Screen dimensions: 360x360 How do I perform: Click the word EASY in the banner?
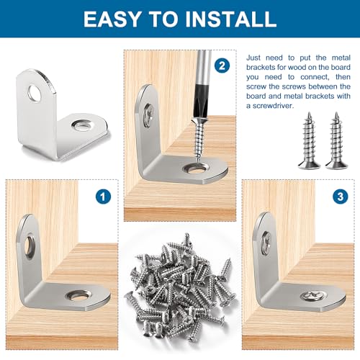(x=112, y=19)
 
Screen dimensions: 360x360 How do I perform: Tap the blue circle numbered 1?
(x=103, y=197)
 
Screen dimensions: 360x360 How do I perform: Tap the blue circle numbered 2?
(x=222, y=66)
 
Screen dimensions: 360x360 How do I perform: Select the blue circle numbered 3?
(x=341, y=197)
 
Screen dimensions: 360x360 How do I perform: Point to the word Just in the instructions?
(x=253, y=58)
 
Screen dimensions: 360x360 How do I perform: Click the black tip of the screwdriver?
(x=201, y=102)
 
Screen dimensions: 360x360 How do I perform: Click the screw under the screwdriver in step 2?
(x=199, y=139)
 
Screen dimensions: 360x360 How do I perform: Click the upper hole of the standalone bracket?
(x=35, y=93)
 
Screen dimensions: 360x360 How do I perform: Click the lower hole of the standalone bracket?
(x=82, y=125)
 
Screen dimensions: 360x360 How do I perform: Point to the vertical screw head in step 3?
(x=266, y=242)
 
